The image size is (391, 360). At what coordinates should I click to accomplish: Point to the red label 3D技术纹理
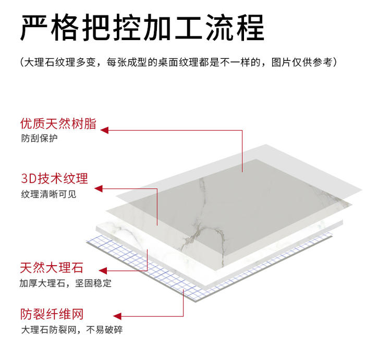[x=54, y=179]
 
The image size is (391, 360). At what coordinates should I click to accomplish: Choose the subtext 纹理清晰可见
[x=48, y=194]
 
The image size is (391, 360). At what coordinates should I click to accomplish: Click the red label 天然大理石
[x=52, y=268]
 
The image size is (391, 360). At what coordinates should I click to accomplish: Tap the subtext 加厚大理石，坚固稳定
[x=66, y=284]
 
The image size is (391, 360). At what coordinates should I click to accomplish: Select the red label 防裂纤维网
[x=52, y=314]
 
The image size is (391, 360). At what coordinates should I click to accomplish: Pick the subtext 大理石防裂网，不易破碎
[x=72, y=330]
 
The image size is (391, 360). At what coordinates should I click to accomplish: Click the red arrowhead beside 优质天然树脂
[x=104, y=130]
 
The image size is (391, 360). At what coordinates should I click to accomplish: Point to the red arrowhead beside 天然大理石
[x=103, y=271]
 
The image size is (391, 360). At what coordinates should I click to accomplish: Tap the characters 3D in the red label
[x=27, y=179]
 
